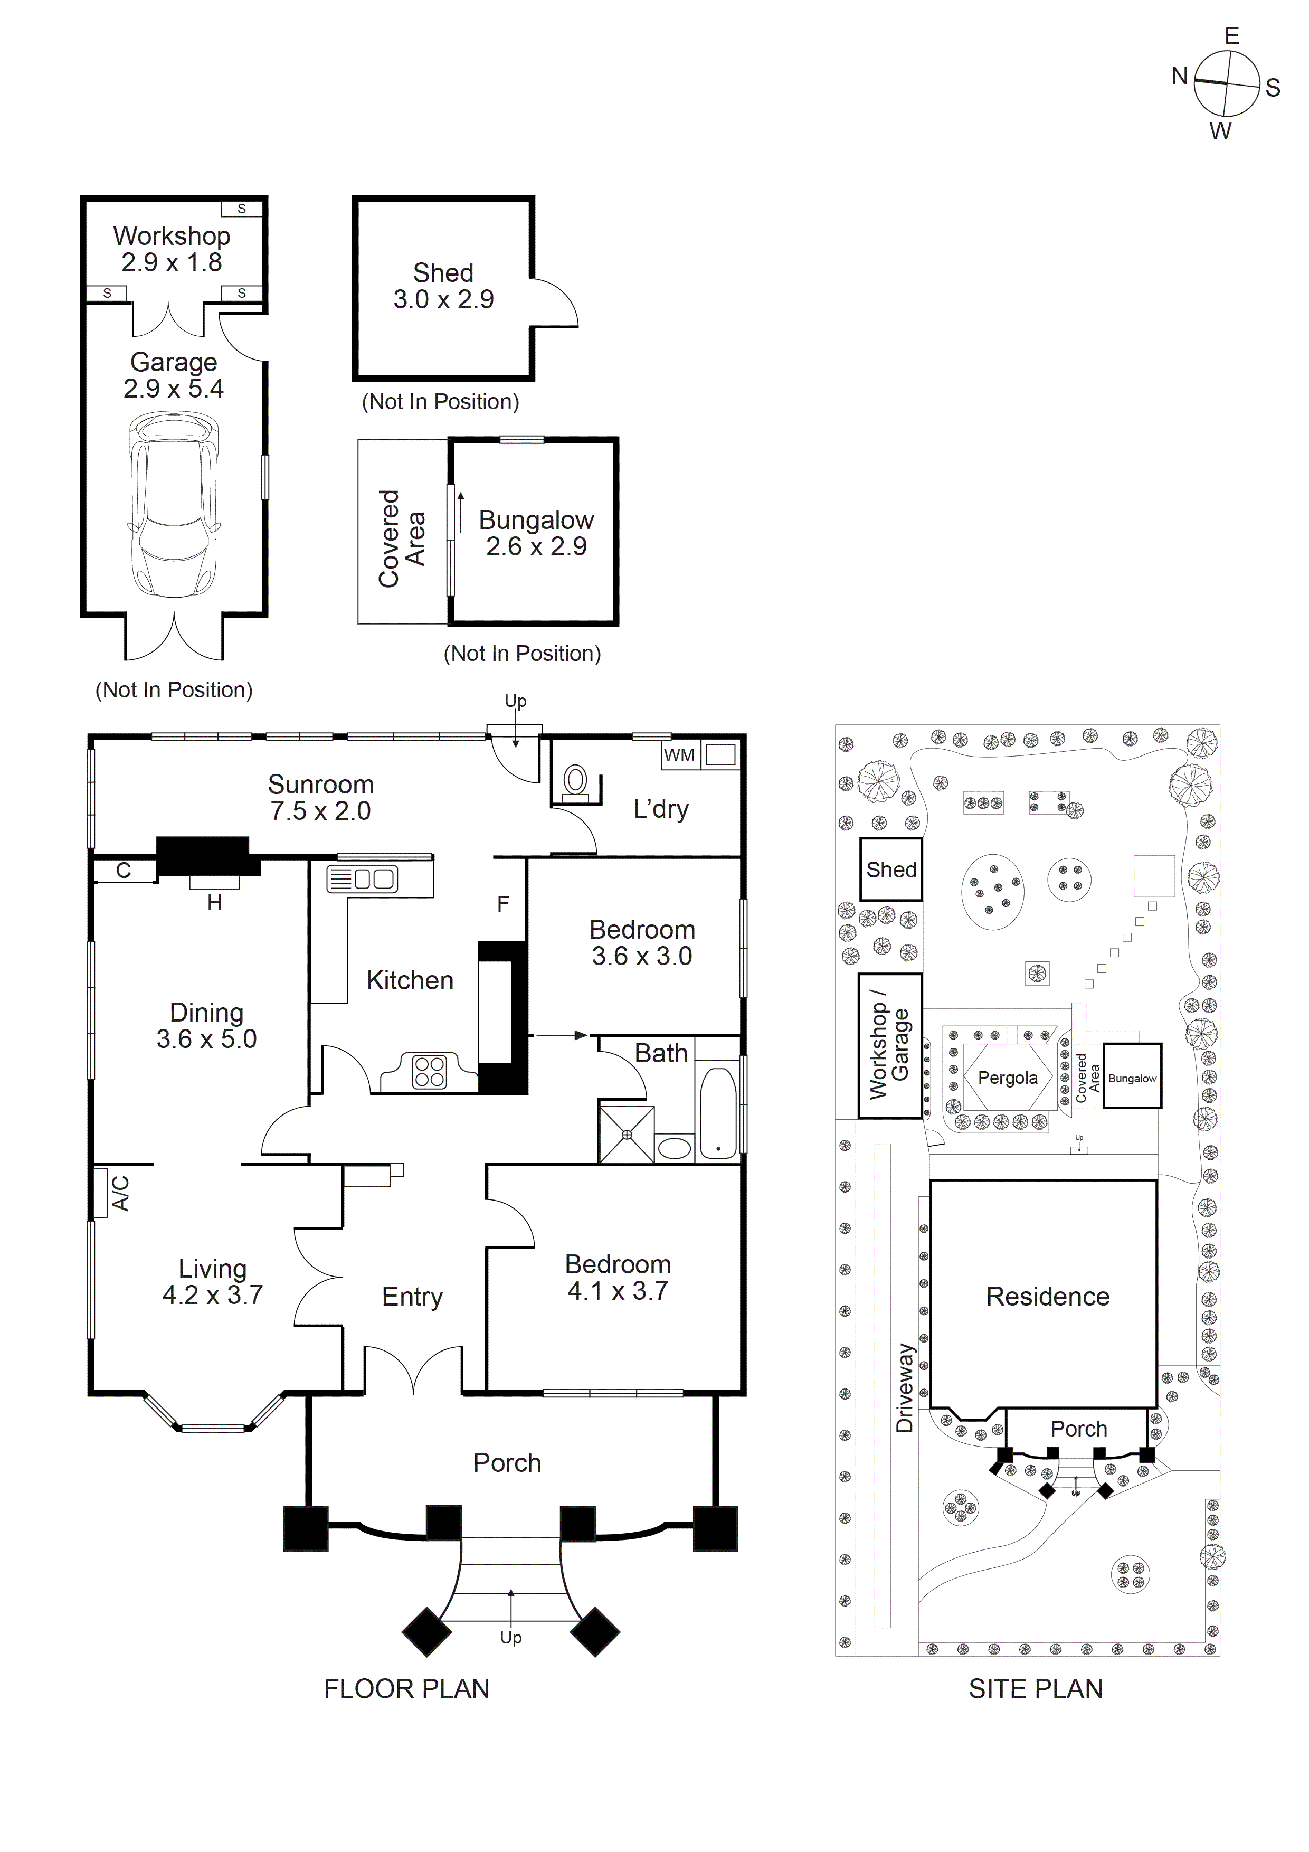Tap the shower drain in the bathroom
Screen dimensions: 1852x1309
[x=627, y=1134]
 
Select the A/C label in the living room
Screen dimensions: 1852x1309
[x=119, y=1193]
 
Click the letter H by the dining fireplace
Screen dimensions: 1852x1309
[x=214, y=903]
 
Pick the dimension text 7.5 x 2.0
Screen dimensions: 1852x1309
[x=320, y=811]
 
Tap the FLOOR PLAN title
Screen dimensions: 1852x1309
[x=406, y=1688]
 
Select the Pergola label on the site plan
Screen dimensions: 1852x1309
[x=1008, y=1078]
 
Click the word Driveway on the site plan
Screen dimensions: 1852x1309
[x=905, y=1387]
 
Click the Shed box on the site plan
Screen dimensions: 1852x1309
[x=891, y=870]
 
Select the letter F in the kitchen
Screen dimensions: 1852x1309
[x=503, y=904]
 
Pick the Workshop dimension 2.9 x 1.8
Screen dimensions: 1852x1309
[x=172, y=262]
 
